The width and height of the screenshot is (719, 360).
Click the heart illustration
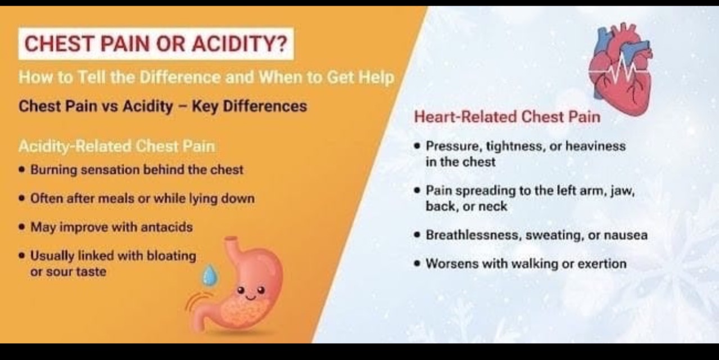click(621, 69)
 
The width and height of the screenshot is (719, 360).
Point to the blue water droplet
click(210, 276)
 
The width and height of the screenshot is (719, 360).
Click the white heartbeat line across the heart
click(619, 71)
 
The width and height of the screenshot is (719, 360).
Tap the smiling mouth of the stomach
click(250, 297)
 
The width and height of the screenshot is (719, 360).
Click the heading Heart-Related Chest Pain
click(507, 116)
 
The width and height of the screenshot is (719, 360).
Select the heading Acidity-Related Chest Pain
click(117, 146)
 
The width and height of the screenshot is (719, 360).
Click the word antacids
click(167, 227)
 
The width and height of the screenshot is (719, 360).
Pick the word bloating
click(171, 256)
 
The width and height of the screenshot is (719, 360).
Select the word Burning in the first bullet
click(53, 170)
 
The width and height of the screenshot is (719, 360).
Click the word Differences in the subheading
click(265, 106)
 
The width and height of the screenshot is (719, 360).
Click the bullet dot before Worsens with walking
click(417, 264)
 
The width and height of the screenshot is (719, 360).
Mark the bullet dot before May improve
click(22, 227)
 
